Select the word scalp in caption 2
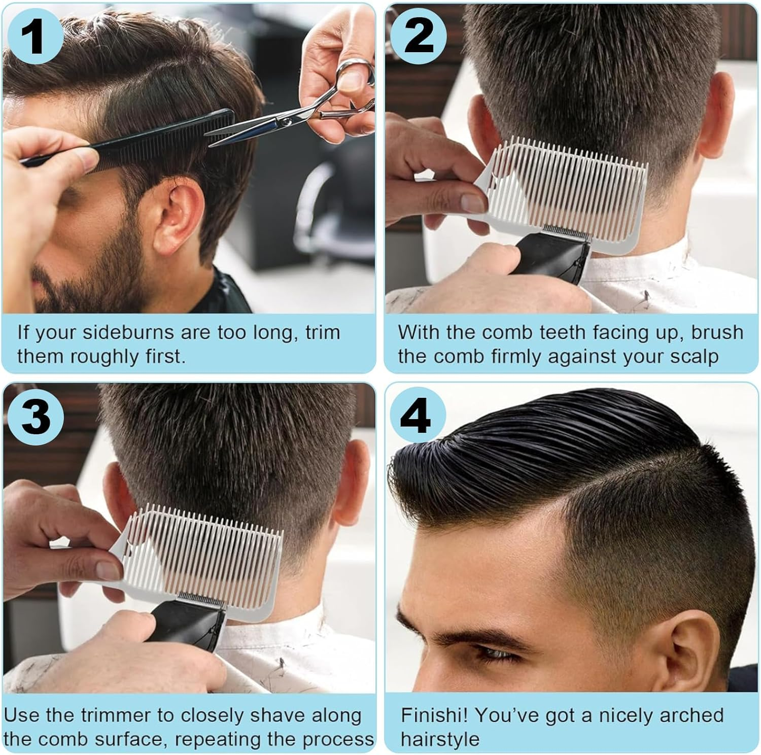coord(694,357)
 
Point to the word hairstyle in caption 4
coord(440,739)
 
